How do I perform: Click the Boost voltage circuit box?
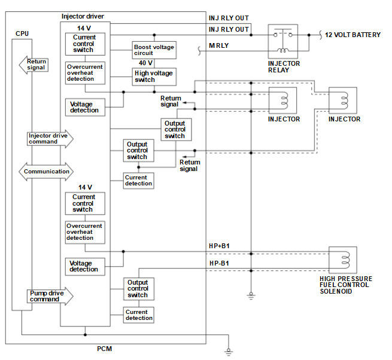154,50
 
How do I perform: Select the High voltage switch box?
154,77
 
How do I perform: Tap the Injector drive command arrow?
50,139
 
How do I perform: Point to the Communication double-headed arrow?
46,172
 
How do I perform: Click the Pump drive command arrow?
50,296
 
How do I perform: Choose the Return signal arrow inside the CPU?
34,65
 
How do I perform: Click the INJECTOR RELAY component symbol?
282,41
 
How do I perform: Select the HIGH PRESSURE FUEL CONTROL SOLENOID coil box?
343,260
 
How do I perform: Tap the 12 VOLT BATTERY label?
353,35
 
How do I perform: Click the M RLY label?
219,45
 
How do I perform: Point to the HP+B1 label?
219,246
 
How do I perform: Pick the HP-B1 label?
219,263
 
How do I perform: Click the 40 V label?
145,63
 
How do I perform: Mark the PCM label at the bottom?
105,349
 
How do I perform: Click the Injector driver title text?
83,16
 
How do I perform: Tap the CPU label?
22,33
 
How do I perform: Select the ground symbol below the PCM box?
229,352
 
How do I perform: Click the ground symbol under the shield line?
251,296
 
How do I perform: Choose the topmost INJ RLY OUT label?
229,18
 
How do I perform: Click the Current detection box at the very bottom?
139,315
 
